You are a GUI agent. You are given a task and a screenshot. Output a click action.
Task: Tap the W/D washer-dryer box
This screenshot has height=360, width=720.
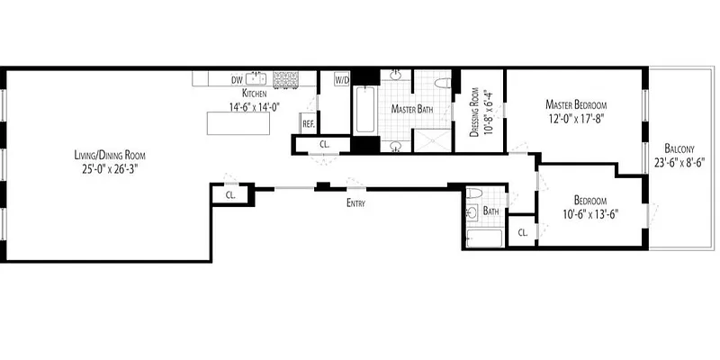341,79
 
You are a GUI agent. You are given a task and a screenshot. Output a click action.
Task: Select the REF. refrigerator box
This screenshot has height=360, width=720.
308,123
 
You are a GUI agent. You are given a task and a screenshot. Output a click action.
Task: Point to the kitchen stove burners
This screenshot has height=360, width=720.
286,79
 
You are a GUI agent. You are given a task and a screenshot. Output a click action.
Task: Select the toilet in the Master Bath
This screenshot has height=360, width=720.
440,83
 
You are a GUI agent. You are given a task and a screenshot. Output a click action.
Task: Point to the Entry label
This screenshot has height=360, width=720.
355,203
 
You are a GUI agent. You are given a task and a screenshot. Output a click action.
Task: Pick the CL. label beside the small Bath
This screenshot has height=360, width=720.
522,232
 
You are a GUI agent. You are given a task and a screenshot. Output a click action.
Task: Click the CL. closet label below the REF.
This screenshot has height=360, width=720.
325,144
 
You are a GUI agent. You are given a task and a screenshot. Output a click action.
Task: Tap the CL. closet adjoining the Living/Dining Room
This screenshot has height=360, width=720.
230,193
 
